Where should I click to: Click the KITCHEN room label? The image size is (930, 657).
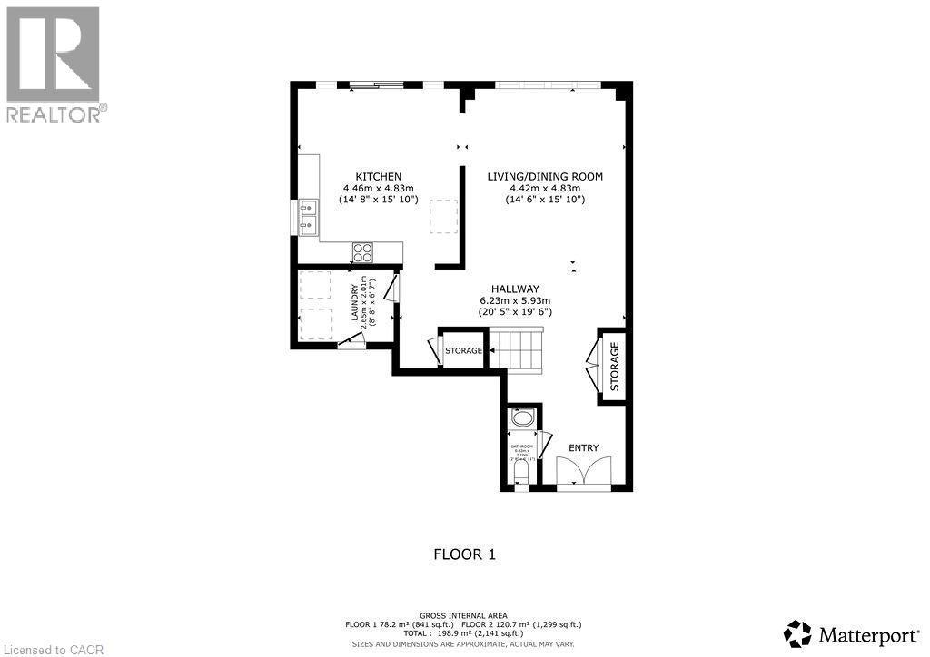tap(378, 176)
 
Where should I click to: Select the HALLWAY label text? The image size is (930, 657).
tap(515, 288)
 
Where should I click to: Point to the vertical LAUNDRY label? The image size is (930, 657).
tap(353, 306)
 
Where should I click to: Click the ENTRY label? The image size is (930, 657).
tap(584, 448)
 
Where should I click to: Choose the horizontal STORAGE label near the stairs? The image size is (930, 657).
tap(463, 350)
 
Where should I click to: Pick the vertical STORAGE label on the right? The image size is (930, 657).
tap(615, 366)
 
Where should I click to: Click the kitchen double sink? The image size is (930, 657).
tap(306, 216)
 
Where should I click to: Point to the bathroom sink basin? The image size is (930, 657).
tap(523, 419)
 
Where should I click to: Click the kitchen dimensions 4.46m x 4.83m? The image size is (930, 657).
tap(378, 188)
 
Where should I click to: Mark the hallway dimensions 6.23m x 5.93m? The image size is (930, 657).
tap(515, 300)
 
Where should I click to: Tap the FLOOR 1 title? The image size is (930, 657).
tap(464, 554)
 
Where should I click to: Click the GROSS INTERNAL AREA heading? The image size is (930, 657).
tap(464, 615)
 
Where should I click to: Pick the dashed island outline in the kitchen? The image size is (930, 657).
tap(444, 216)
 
